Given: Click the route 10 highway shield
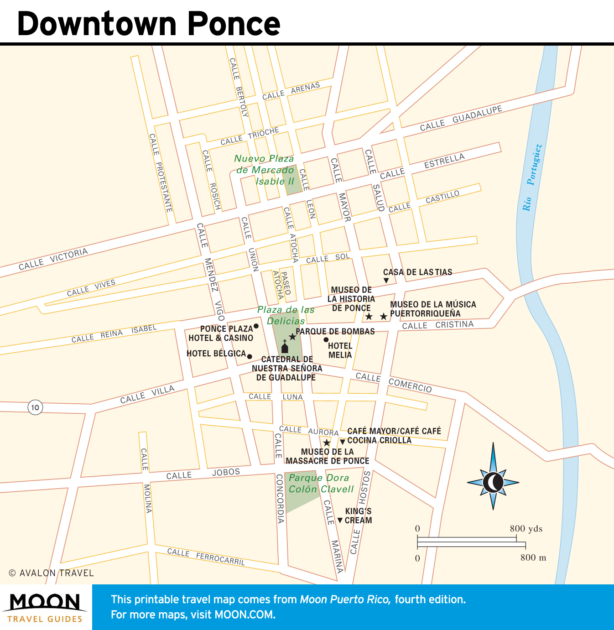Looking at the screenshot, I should click(x=35, y=407).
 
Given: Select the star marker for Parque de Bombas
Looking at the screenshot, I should click(x=292, y=337).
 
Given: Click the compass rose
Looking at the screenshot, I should click(x=493, y=482).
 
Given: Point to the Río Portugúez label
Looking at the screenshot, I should click(x=532, y=177).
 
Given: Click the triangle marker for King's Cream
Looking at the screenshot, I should click(x=340, y=520).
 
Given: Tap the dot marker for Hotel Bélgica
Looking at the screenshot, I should click(x=250, y=356).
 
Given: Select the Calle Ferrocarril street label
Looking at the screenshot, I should click(x=206, y=556).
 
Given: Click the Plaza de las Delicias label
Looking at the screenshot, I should click(x=286, y=315).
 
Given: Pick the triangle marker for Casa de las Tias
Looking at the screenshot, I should click(x=386, y=281).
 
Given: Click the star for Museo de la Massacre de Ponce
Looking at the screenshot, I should click(x=327, y=443).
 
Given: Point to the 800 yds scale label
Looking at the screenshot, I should click(x=526, y=529).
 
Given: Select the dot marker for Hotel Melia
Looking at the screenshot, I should click(x=326, y=339).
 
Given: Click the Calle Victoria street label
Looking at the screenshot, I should click(x=53, y=259).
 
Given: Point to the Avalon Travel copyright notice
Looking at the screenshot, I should click(x=51, y=573).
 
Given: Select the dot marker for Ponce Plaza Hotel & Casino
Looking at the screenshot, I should click(x=256, y=326).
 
